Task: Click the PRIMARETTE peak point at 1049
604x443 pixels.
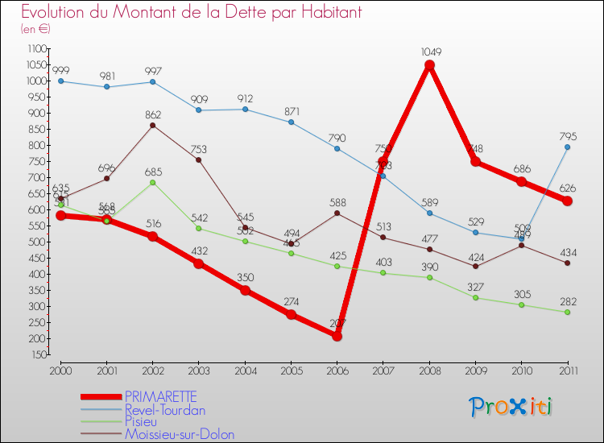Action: click(x=429, y=65)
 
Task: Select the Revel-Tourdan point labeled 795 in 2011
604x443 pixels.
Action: click(x=568, y=147)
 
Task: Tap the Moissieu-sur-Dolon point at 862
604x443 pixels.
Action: click(x=152, y=125)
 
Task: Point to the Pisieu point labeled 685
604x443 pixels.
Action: click(x=152, y=182)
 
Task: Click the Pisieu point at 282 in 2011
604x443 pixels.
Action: click(x=568, y=312)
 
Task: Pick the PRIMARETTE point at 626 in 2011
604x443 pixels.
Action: click(x=568, y=201)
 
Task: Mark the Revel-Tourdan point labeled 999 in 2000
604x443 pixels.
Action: click(x=60, y=81)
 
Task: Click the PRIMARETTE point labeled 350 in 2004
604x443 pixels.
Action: click(x=245, y=290)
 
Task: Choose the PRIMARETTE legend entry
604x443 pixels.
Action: click(x=160, y=397)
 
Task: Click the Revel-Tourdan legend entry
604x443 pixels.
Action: click(x=164, y=410)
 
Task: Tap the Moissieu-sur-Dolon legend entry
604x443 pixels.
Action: click(x=179, y=435)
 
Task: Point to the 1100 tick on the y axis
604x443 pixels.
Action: click(x=36, y=49)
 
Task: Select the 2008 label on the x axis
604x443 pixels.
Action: click(x=429, y=371)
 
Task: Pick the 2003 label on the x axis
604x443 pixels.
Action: click(x=198, y=371)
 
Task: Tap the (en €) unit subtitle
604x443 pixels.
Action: click(x=36, y=29)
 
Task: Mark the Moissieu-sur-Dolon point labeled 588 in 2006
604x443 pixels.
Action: click(x=337, y=213)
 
